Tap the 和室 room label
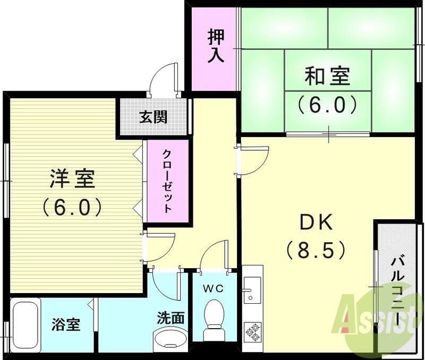pyautogui.click(x=327, y=77)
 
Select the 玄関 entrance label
pyautogui.click(x=154, y=117)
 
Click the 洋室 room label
pyautogui.click(x=72, y=179)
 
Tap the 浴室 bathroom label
pyautogui.click(x=66, y=324)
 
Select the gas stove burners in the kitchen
pyautogui.click(x=252, y=331)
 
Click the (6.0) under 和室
pyautogui.click(x=327, y=104)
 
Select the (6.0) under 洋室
pyautogui.click(x=72, y=207)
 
